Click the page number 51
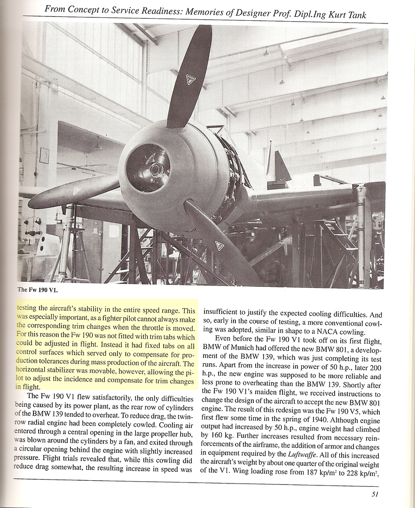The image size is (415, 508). coord(374,493)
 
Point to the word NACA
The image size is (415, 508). coord(333,332)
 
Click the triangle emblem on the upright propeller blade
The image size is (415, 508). coord(191,79)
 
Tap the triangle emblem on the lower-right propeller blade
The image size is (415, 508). coord(219,245)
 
